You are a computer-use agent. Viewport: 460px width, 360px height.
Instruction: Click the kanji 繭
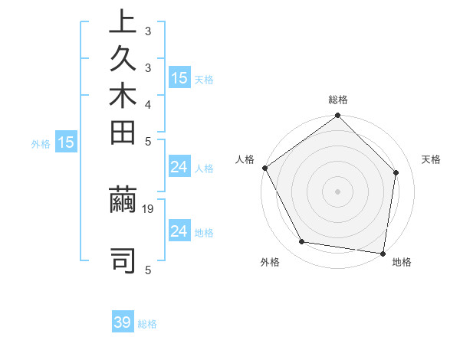(123, 201)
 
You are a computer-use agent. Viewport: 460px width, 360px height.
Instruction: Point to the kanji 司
(123, 260)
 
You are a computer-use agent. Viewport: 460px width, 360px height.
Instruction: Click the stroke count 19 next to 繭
(149, 208)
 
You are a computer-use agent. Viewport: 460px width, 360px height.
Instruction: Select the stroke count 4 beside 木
(148, 103)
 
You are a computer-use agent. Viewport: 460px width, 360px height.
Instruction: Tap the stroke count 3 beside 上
(148, 32)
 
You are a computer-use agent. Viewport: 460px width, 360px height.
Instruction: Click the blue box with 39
(123, 322)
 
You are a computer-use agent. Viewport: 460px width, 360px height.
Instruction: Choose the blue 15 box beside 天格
(179, 77)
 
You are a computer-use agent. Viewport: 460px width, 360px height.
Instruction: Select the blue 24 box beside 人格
(179, 167)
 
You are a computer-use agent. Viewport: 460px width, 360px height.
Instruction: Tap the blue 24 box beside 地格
(179, 231)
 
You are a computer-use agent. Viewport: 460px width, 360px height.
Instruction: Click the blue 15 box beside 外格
(66, 142)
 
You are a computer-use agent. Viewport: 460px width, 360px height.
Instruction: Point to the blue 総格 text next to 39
(148, 324)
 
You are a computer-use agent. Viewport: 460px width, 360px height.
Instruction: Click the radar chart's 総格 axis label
(338, 100)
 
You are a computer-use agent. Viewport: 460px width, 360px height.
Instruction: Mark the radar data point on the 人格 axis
(265, 168)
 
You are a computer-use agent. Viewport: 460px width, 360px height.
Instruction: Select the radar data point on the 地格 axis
(383, 253)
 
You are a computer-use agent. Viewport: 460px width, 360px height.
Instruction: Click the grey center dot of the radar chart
(338, 191)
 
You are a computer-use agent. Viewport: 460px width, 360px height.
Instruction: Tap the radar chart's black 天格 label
(432, 159)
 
